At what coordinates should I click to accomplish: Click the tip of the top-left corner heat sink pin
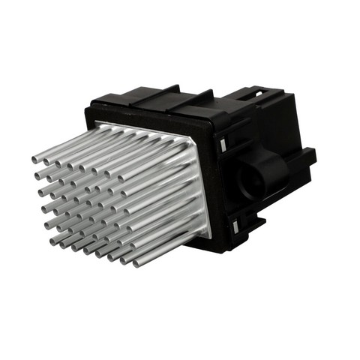pyautogui.click(x=35, y=158)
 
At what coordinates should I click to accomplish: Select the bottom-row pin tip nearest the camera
pyautogui.click(x=137, y=263)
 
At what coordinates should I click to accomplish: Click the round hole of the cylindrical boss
pyautogui.click(x=250, y=182)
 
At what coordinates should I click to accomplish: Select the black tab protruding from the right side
pyautogui.click(x=306, y=158)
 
